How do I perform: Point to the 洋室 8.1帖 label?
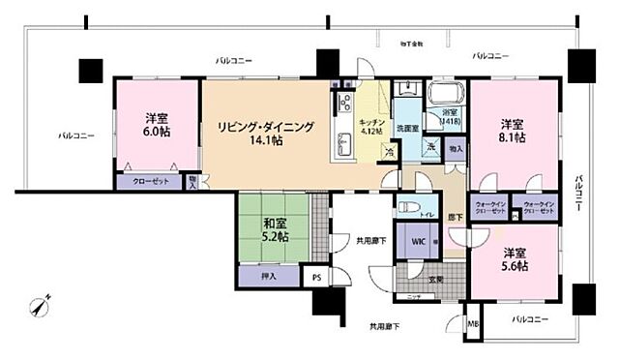(x=513, y=132)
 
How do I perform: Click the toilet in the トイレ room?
(x=410, y=206)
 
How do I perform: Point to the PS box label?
(x=315, y=278)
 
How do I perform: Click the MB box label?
(x=473, y=323)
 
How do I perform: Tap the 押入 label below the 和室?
(x=268, y=277)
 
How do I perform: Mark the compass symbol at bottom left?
(x=40, y=305)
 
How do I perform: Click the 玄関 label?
(x=436, y=279)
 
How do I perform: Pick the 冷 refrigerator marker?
(x=389, y=152)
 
